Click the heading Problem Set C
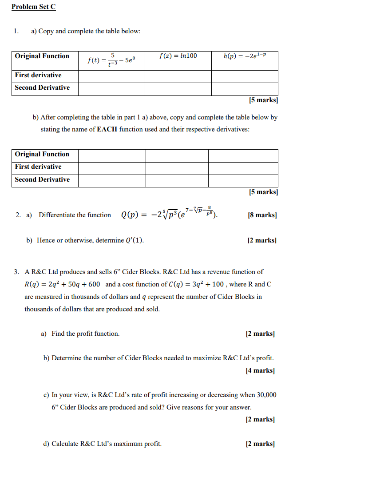point(34,7)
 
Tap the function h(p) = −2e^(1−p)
point(245,56)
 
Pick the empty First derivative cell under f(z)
point(178,76)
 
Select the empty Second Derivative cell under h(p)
point(245,89)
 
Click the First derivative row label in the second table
point(38,167)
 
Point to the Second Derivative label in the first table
point(42,87)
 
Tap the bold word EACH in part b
point(107,130)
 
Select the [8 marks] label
point(262,215)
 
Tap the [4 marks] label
point(260,370)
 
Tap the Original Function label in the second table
point(42,154)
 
